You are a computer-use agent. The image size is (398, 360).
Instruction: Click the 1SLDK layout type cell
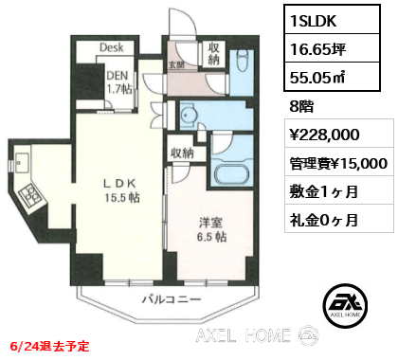tap(332, 20)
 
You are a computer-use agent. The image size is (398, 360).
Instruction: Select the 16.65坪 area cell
tap(332, 48)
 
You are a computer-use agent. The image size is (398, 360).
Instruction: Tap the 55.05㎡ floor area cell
tap(332, 77)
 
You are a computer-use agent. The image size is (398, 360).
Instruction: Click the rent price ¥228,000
tap(325, 135)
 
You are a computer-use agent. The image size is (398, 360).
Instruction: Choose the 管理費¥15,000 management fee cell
tap(339, 162)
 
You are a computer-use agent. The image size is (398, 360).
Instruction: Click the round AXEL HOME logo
tap(345, 305)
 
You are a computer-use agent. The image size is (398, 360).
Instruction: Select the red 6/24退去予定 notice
tap(49, 346)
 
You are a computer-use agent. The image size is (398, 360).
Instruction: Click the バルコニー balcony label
tap(172, 299)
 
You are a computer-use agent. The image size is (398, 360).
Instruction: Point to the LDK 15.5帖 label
tap(122, 190)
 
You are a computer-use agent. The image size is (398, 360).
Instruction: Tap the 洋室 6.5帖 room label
tap(211, 229)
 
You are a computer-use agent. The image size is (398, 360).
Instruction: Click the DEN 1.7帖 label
tap(118, 82)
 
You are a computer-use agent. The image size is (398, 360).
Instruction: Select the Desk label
tap(112, 47)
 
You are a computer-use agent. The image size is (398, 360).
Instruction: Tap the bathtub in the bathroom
tap(232, 174)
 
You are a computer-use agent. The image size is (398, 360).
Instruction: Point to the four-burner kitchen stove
tap(30, 195)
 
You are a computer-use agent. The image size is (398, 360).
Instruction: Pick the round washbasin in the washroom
tap(189, 114)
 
